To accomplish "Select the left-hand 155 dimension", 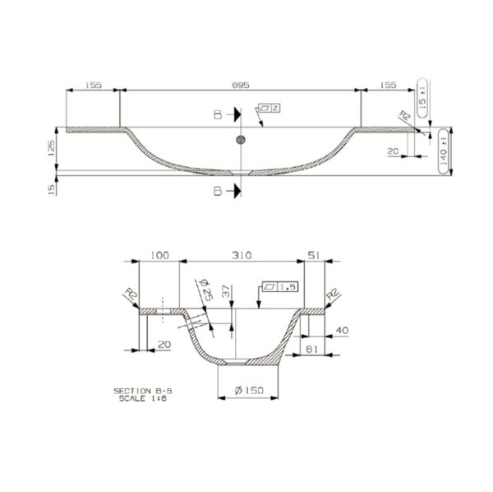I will [x=93, y=85].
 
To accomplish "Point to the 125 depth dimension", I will [x=51, y=148].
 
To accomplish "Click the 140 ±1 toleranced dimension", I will [x=445, y=149].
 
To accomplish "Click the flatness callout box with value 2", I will [x=269, y=108].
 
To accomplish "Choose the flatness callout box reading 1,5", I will [x=279, y=287].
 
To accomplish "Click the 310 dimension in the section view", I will [x=241, y=255].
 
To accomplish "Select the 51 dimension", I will [x=313, y=255].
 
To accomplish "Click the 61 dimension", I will [x=313, y=350].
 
